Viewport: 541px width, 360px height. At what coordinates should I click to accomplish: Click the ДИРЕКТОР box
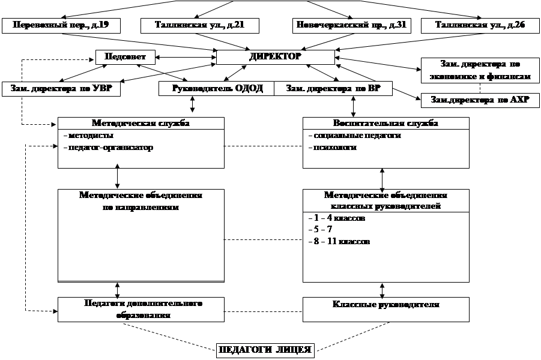click(275, 57)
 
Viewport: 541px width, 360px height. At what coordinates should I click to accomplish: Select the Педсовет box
click(125, 57)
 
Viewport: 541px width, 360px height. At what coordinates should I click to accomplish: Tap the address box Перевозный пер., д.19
click(60, 25)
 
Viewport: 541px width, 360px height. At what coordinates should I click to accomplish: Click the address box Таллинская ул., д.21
click(199, 25)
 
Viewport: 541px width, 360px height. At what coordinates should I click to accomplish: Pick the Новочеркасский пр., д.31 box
click(352, 25)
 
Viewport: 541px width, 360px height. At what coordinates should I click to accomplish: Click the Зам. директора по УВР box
click(60, 88)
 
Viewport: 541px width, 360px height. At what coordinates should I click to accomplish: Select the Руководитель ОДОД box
click(217, 88)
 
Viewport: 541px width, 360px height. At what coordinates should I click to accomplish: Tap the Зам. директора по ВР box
click(332, 88)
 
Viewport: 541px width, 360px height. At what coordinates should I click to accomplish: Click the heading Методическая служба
click(142, 124)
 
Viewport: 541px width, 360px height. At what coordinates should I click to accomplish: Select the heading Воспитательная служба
click(385, 124)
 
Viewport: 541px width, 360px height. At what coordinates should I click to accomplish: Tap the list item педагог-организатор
click(108, 147)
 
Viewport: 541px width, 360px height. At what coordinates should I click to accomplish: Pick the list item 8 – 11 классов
click(338, 241)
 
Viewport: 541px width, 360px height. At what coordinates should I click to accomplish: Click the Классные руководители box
click(385, 305)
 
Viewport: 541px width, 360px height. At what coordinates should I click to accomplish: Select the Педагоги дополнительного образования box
click(142, 310)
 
